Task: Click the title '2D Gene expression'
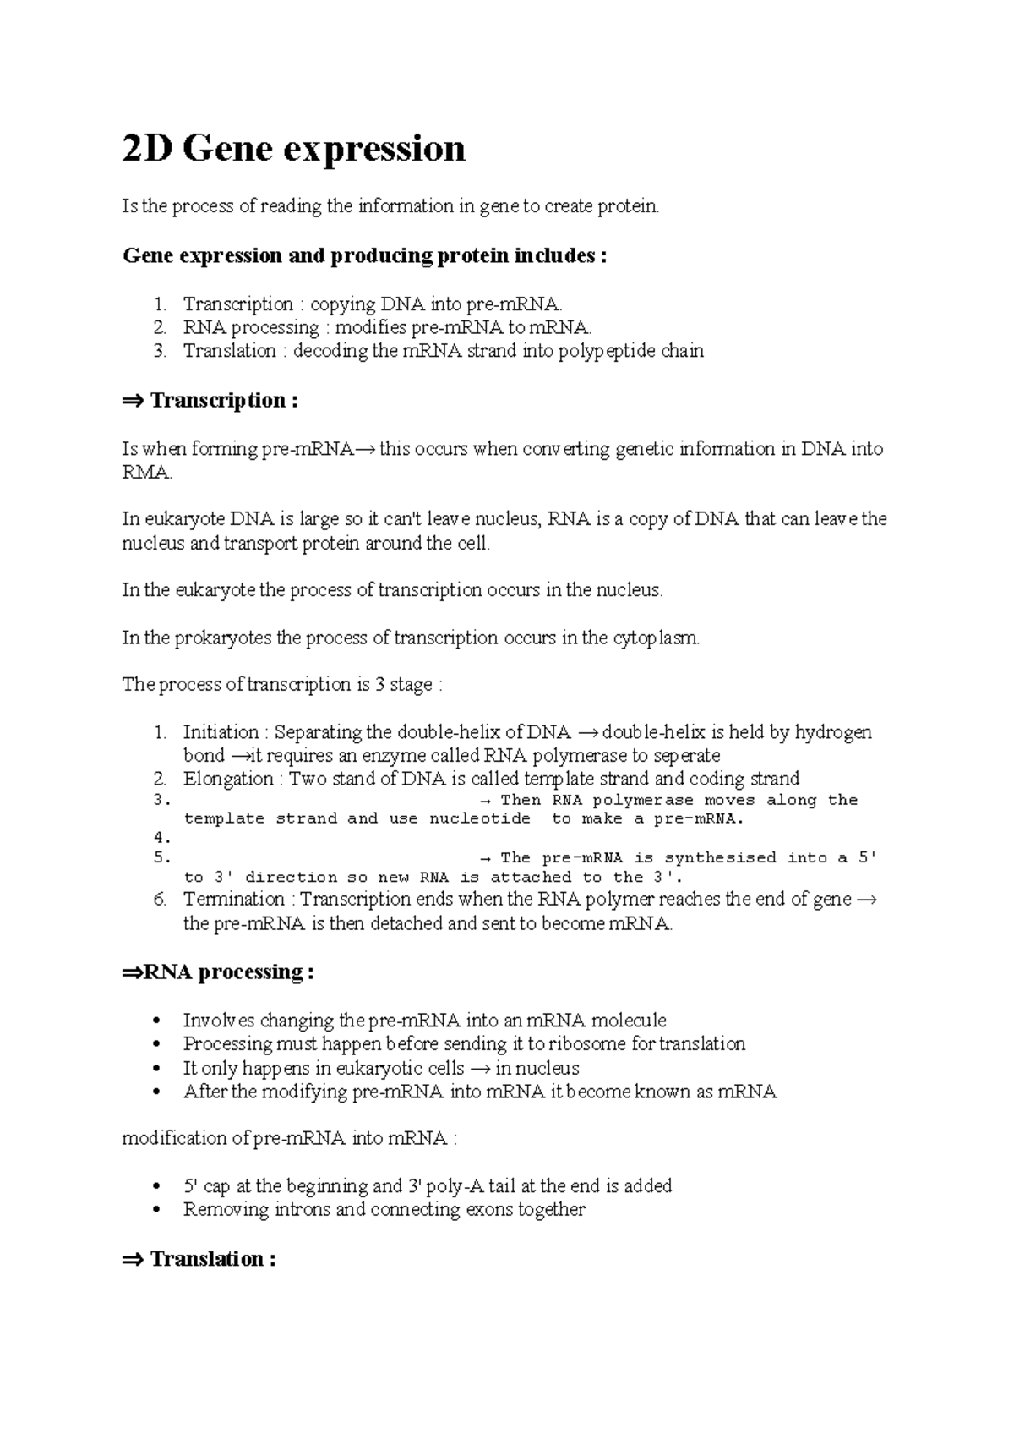(293, 149)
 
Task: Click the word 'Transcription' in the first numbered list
(237, 304)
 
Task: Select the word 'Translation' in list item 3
(229, 351)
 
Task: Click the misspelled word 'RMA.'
(147, 473)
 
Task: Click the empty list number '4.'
(162, 839)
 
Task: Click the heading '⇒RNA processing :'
(218, 972)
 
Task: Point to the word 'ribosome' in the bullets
(590, 1044)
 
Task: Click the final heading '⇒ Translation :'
(199, 1259)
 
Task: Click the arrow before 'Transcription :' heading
(133, 401)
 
